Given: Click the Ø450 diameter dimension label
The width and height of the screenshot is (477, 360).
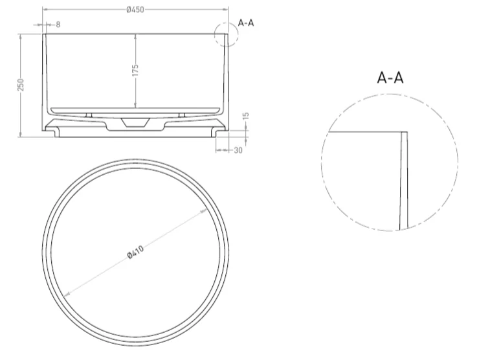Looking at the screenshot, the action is point(135,10).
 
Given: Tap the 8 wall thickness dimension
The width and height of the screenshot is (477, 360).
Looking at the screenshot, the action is point(58,25).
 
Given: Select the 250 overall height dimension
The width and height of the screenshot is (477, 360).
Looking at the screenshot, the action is point(20,85).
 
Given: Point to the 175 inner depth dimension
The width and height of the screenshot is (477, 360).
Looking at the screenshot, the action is point(136,70).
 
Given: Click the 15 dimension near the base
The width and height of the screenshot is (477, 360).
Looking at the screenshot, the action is point(246,116).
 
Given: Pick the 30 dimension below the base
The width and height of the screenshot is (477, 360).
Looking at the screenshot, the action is point(238,150).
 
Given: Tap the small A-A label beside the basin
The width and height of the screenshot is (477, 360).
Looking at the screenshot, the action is point(246,23).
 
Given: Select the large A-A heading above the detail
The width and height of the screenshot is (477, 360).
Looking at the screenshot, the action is point(390,78).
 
